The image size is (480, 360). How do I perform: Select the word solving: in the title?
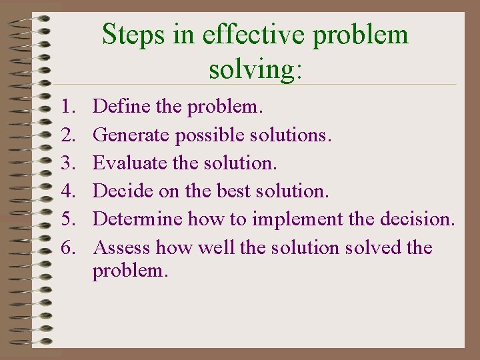click(255, 68)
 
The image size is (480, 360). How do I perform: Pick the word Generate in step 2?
click(131, 135)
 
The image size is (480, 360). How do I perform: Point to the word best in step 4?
click(233, 191)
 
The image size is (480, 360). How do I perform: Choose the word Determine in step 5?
click(138, 219)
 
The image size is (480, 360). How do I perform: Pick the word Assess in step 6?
click(122, 248)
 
